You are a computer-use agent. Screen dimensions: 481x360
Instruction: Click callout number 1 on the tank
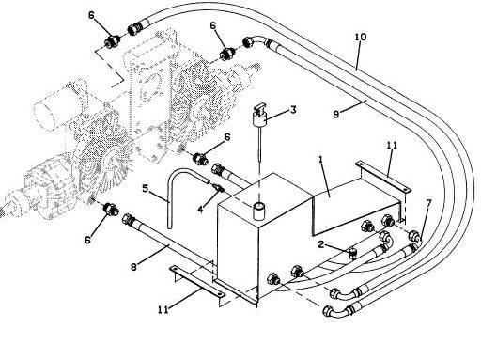coord(320,160)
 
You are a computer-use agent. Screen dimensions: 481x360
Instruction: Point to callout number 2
coord(321,244)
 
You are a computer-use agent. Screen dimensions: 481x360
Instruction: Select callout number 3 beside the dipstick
coord(293,110)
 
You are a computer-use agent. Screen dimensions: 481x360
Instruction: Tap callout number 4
coord(200,209)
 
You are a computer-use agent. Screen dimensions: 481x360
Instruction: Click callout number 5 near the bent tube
coord(145,189)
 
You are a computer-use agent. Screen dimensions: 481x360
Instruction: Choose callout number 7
coord(428,204)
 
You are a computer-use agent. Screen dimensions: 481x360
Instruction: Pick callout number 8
coord(134,267)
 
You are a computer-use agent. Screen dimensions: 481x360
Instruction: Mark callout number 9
coord(336,115)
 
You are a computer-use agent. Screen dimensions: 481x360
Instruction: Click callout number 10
coord(361,37)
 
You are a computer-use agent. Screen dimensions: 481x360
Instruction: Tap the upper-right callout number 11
coord(392,146)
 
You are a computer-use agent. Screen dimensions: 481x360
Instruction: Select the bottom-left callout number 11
coord(163,309)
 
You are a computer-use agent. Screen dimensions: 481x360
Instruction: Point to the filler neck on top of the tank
coord(259,211)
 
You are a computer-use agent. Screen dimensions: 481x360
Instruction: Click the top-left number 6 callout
coord(91,15)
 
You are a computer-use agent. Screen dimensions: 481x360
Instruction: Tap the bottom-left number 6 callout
coord(87,240)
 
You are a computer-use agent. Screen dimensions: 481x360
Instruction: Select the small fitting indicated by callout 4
coord(218,188)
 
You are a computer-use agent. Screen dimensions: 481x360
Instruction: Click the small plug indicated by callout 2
coord(353,253)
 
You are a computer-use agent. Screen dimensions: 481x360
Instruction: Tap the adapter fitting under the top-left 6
coord(113,41)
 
